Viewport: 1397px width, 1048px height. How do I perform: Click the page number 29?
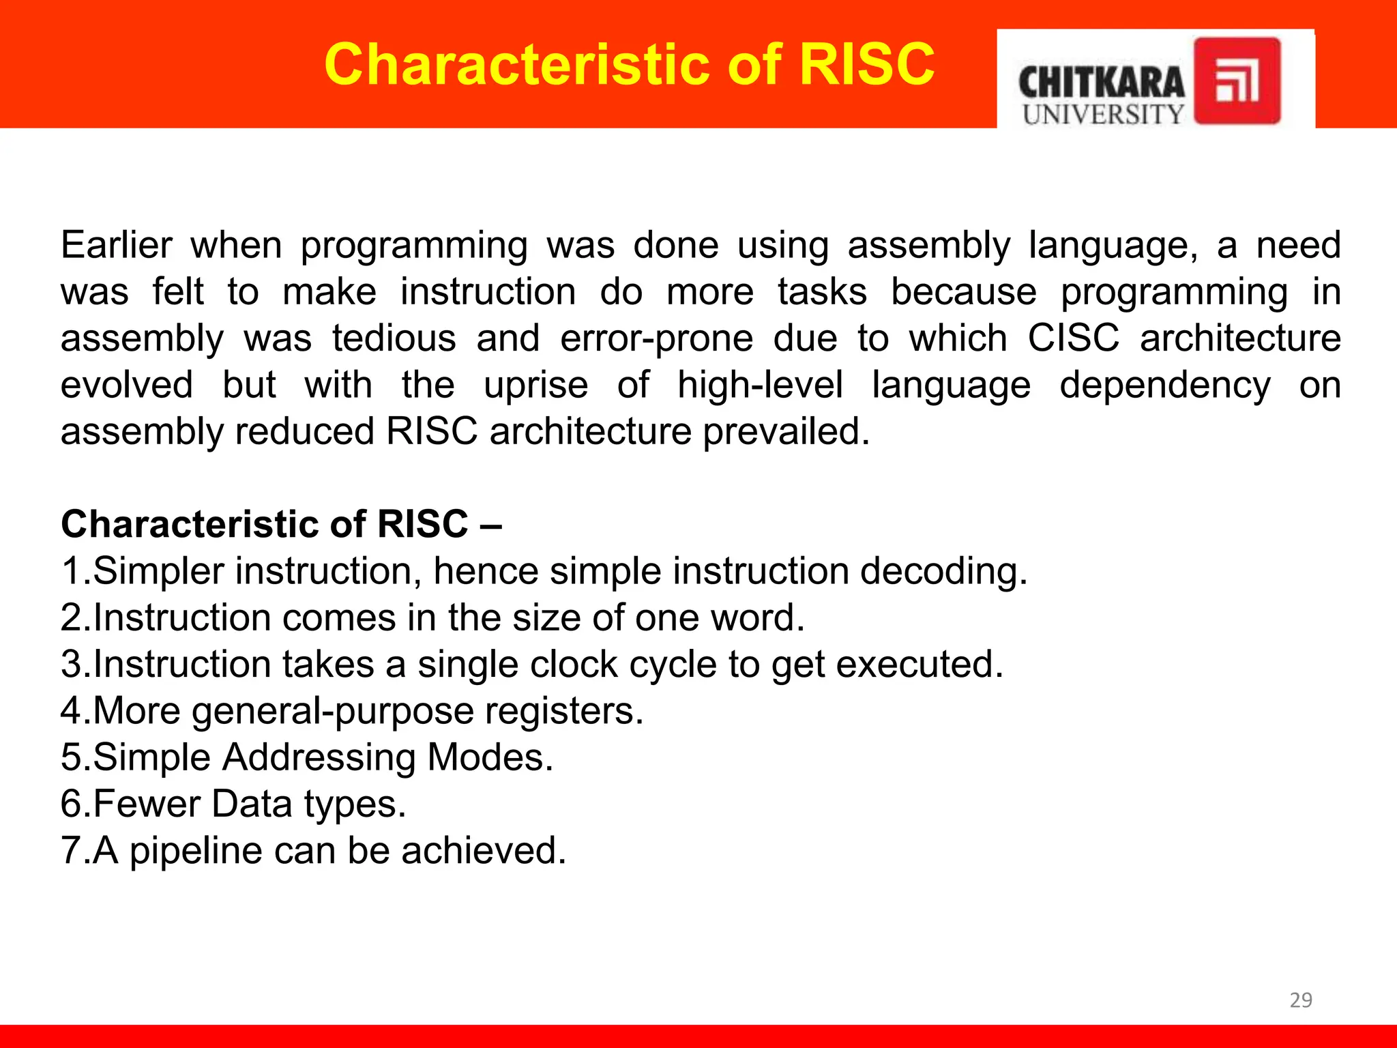[1300, 1000]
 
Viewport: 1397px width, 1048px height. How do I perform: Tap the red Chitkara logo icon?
[1237, 81]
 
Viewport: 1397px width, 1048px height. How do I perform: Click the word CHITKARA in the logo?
[1101, 83]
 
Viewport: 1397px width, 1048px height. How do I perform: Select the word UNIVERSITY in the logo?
[1103, 115]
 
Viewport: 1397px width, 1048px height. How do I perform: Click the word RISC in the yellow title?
[866, 64]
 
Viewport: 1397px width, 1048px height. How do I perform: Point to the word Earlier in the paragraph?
[116, 245]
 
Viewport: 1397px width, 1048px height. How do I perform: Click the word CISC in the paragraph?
[1073, 338]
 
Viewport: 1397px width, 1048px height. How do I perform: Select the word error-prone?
[656, 339]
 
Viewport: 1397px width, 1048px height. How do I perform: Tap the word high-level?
[760, 385]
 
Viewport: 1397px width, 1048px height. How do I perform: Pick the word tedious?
[394, 338]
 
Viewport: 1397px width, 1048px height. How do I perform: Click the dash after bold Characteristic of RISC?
[491, 525]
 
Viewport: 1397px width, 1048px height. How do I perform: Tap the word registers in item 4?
[563, 711]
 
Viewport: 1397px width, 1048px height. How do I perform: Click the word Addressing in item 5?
[319, 757]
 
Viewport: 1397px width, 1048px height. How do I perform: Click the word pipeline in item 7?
[196, 851]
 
